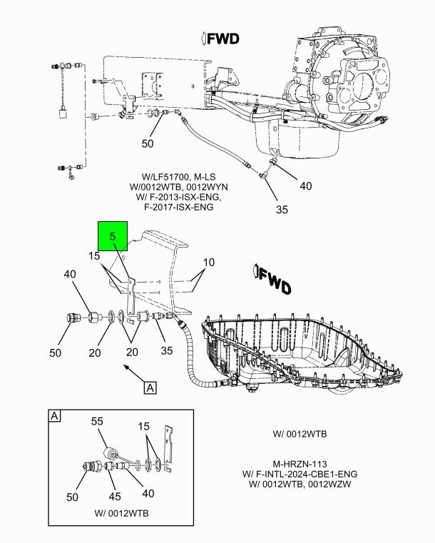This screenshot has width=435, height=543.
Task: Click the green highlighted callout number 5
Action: [112, 235]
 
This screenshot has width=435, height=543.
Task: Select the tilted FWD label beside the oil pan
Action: [272, 280]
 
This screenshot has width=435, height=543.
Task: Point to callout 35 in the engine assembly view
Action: [281, 210]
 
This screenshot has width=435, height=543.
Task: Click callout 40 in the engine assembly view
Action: [305, 186]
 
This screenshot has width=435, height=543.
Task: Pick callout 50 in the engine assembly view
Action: [147, 143]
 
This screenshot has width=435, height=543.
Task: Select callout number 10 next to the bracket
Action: [208, 262]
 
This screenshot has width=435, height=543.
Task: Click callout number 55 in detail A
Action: [98, 422]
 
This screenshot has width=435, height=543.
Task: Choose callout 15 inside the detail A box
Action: [144, 427]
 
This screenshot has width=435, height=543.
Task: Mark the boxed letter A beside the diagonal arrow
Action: [150, 387]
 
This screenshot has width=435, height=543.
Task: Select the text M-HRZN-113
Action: [299, 462]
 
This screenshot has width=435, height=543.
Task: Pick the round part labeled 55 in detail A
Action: [111, 453]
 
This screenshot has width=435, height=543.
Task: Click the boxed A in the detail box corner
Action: [54, 416]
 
